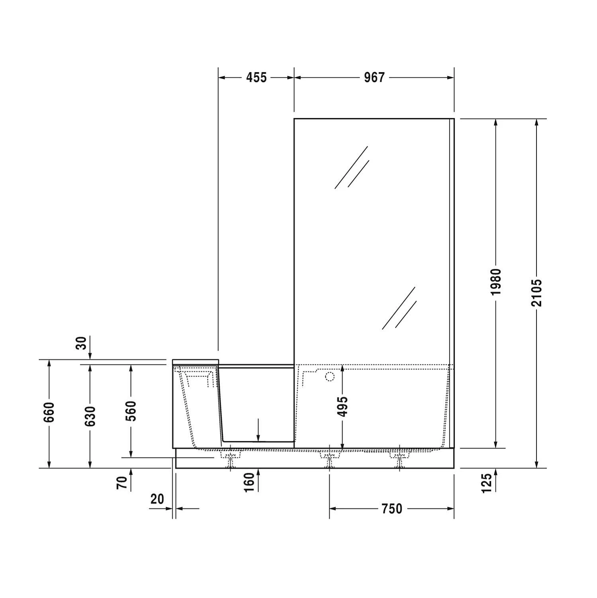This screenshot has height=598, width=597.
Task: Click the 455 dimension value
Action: coord(256,77)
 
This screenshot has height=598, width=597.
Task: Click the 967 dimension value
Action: coord(374,77)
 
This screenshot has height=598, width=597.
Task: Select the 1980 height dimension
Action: coord(496,282)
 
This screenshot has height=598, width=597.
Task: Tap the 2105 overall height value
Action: coord(537,293)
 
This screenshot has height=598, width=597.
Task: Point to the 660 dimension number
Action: coord(49,412)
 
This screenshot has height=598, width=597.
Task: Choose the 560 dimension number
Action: coord(131,411)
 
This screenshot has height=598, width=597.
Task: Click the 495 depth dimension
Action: coord(343,406)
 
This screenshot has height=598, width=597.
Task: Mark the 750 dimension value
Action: coord(392,509)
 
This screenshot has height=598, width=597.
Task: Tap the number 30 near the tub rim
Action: coord(81,343)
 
